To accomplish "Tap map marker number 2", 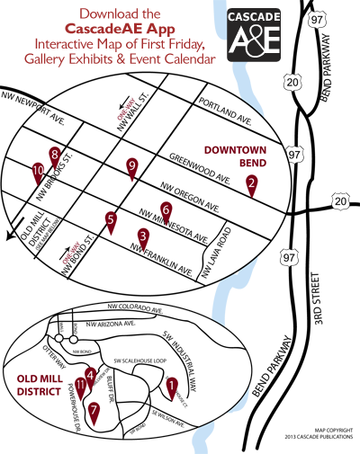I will pos(252,185).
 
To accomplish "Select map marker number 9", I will pos(132,167).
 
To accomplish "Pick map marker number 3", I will pos(143,238).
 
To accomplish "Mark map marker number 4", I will pos(90,376).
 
